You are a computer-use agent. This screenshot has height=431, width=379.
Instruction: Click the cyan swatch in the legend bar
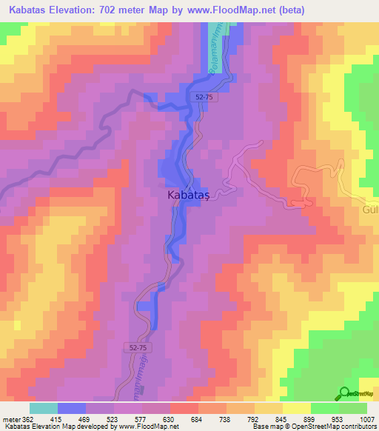pyautogui.click(x=44, y=408)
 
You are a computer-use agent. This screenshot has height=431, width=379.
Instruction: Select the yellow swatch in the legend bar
pyautogui.click(x=297, y=408)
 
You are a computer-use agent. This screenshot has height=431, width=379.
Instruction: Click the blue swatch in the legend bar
pyautogui.click(x=72, y=408)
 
